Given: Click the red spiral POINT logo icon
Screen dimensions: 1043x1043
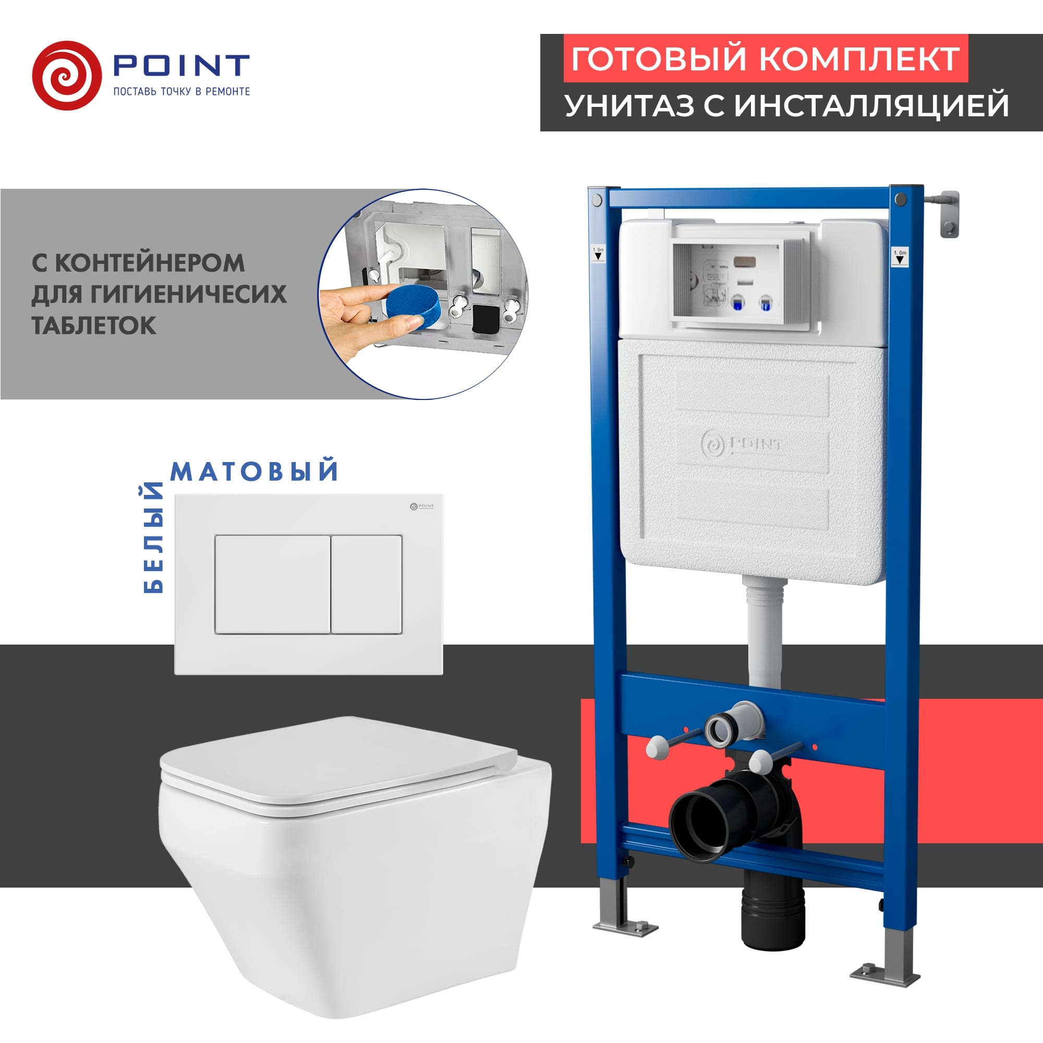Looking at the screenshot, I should click(66, 76).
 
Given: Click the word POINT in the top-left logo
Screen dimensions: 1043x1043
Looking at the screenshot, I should click(181, 65).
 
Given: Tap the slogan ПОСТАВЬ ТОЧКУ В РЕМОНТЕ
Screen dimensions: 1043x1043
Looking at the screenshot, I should click(181, 91).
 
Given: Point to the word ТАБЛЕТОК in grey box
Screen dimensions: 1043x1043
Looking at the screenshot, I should click(94, 325).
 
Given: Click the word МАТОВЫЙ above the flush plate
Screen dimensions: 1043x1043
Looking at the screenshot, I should click(254, 471).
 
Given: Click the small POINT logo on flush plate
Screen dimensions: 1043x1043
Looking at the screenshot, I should click(421, 506).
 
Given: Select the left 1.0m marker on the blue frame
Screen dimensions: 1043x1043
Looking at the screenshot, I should click(598, 254).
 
